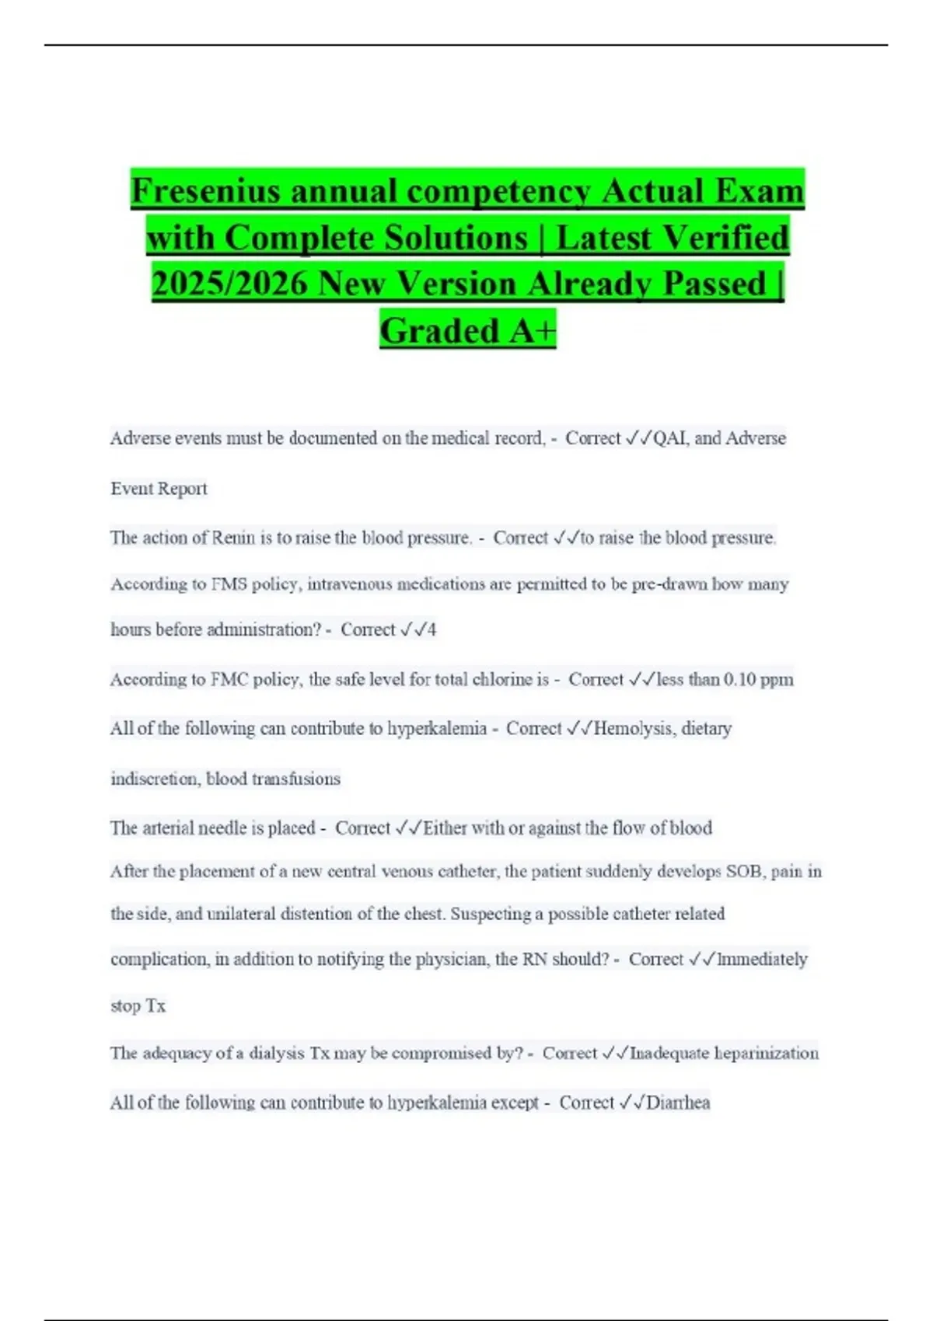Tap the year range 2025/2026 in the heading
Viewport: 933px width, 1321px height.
pyautogui.click(x=230, y=284)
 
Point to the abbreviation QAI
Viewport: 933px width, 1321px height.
pyautogui.click(x=670, y=438)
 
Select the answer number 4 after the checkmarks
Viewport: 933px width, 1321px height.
pyautogui.click(x=432, y=629)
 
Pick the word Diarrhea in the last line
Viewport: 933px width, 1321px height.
pyautogui.click(x=678, y=1103)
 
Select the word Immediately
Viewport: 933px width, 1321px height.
pyautogui.click(x=763, y=960)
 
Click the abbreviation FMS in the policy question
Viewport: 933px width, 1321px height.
pyautogui.click(x=229, y=584)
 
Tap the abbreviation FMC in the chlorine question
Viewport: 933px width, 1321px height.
pyautogui.click(x=229, y=679)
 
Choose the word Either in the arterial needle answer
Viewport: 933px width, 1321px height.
pyautogui.click(x=446, y=828)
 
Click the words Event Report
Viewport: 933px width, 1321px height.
pyautogui.click(x=159, y=489)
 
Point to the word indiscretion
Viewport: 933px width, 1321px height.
pyautogui.click(x=154, y=779)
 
